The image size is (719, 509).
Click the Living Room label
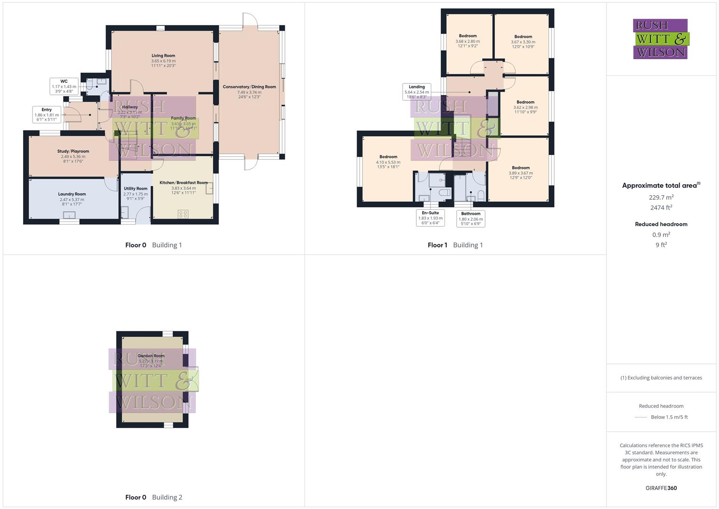(x=163, y=61)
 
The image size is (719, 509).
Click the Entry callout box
(x=47, y=115)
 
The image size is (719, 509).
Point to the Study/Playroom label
(x=73, y=156)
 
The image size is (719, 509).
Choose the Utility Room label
(x=136, y=193)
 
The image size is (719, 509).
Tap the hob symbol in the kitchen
(x=183, y=214)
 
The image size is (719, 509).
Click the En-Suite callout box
(x=430, y=218)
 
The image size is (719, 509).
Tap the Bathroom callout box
(x=471, y=219)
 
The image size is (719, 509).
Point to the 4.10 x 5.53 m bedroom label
(x=388, y=162)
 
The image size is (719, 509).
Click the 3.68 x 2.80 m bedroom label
(x=468, y=41)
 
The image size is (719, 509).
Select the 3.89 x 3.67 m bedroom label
(x=521, y=172)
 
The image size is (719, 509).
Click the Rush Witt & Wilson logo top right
(x=661, y=39)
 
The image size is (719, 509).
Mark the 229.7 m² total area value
(x=661, y=197)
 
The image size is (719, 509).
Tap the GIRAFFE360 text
(x=661, y=488)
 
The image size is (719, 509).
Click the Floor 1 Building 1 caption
(x=455, y=245)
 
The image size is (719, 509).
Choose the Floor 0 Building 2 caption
(x=153, y=497)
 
